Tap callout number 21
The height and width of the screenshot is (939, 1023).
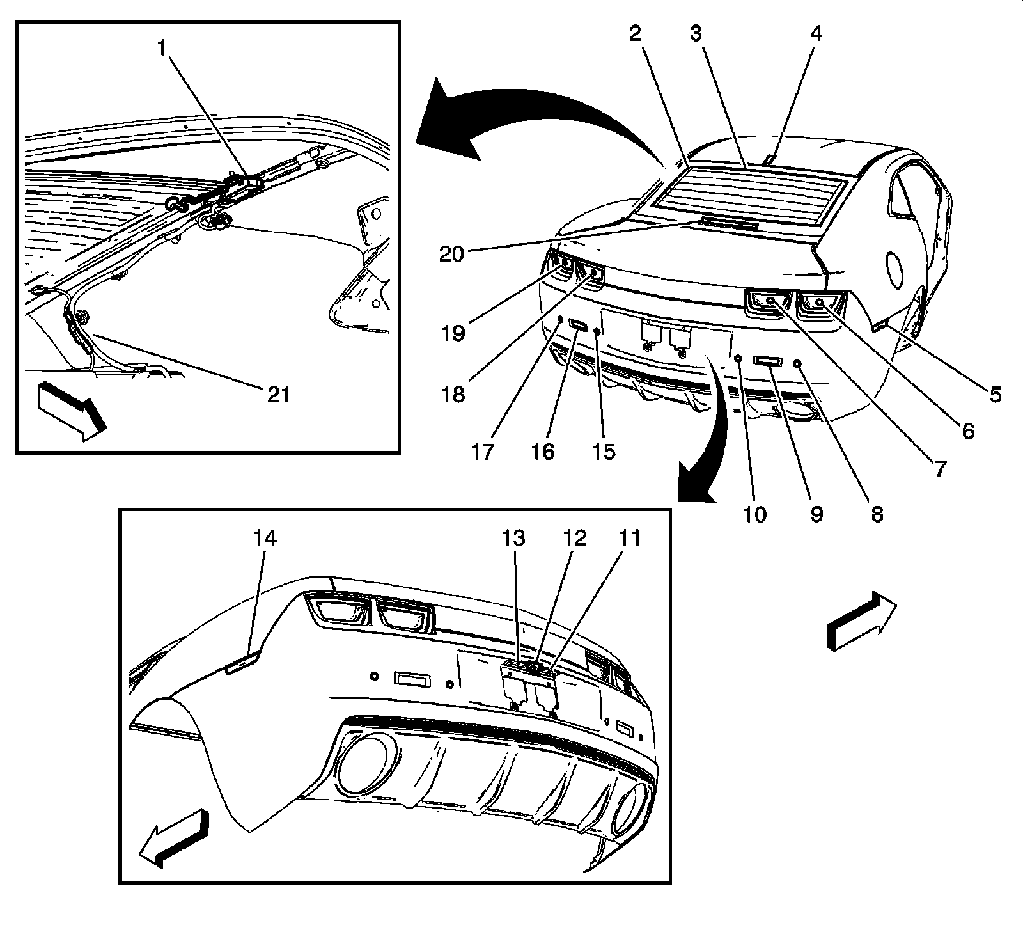click(279, 394)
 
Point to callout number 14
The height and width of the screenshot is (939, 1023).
click(265, 538)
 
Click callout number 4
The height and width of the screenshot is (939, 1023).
click(816, 34)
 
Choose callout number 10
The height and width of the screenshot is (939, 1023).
click(754, 514)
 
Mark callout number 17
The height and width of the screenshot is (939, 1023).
click(483, 452)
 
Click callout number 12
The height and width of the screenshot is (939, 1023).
click(574, 538)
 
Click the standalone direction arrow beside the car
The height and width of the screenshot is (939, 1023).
click(861, 620)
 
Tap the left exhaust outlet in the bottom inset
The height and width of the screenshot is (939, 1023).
click(362, 764)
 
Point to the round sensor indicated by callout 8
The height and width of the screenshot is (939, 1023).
click(797, 363)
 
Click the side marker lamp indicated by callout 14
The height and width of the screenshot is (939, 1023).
click(242, 661)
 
